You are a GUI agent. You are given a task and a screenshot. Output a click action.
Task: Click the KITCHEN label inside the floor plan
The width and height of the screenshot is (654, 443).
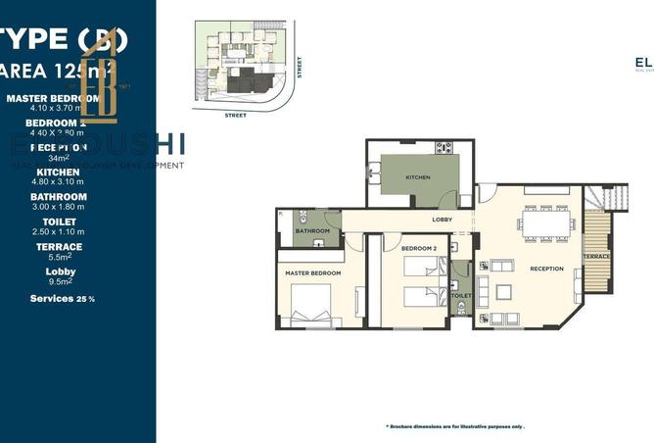click(418, 177)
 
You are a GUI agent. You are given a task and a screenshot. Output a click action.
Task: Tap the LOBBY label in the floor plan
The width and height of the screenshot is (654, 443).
click(442, 221)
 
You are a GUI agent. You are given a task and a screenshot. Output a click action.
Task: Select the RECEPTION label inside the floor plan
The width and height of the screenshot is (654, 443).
click(546, 269)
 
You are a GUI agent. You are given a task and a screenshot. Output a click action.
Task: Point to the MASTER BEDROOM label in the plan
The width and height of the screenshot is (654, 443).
click(313, 272)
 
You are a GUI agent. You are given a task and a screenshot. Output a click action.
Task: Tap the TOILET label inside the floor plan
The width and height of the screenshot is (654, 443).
click(461, 295)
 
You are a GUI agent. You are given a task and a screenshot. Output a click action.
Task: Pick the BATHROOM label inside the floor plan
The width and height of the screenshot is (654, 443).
click(313, 231)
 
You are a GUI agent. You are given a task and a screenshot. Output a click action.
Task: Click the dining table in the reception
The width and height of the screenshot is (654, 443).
click(546, 224)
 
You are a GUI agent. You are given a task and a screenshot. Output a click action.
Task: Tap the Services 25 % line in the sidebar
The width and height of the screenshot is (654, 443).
click(63, 298)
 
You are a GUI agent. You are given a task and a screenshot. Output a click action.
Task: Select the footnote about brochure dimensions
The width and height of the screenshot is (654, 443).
click(455, 426)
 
